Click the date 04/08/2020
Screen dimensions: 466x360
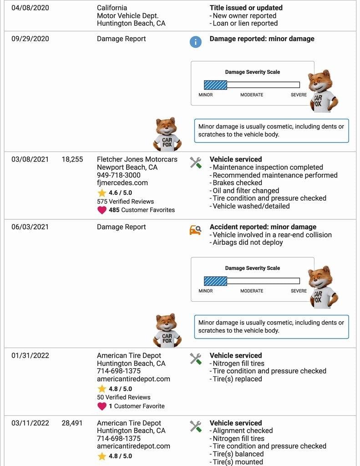tap(30, 8)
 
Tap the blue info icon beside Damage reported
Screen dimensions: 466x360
tap(195, 42)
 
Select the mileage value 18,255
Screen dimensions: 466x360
tap(72, 159)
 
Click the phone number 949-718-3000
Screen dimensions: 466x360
tap(119, 175)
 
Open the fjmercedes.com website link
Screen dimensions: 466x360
tap(122, 183)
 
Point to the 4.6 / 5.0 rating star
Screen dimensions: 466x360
tap(102, 193)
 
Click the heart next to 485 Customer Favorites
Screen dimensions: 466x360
tap(102, 210)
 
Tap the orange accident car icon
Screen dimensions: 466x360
tap(195, 230)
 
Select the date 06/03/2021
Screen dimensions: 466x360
tap(30, 227)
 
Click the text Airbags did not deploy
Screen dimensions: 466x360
tap(248, 243)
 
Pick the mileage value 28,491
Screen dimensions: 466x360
tap(72, 423)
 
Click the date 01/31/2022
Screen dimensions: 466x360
tap(30, 355)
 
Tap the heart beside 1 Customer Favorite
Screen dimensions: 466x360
tap(102, 406)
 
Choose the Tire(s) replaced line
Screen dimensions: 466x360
tap(237, 379)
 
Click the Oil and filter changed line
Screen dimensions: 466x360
tap(246, 191)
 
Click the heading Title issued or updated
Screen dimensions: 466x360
tap(246, 8)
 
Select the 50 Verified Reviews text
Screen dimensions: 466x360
tap(122, 397)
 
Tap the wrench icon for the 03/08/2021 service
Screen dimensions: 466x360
tap(196, 162)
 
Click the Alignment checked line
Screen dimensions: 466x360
tap(243, 431)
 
